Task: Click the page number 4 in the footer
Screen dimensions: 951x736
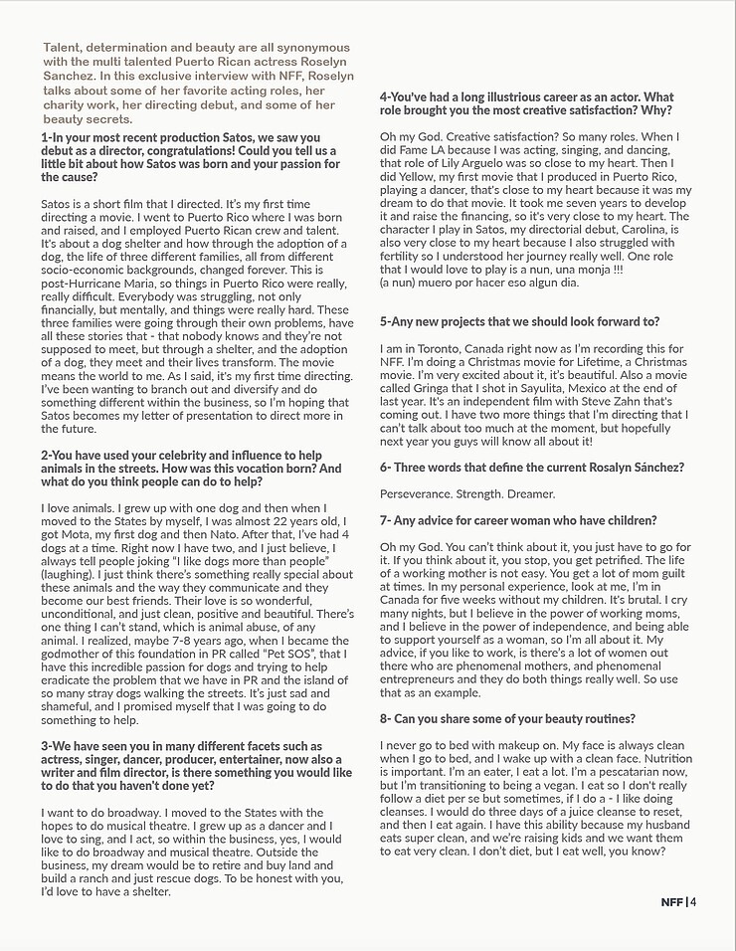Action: pos(692,902)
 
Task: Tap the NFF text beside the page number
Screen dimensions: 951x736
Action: pos(672,902)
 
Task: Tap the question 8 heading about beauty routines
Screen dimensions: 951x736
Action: pos(507,718)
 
